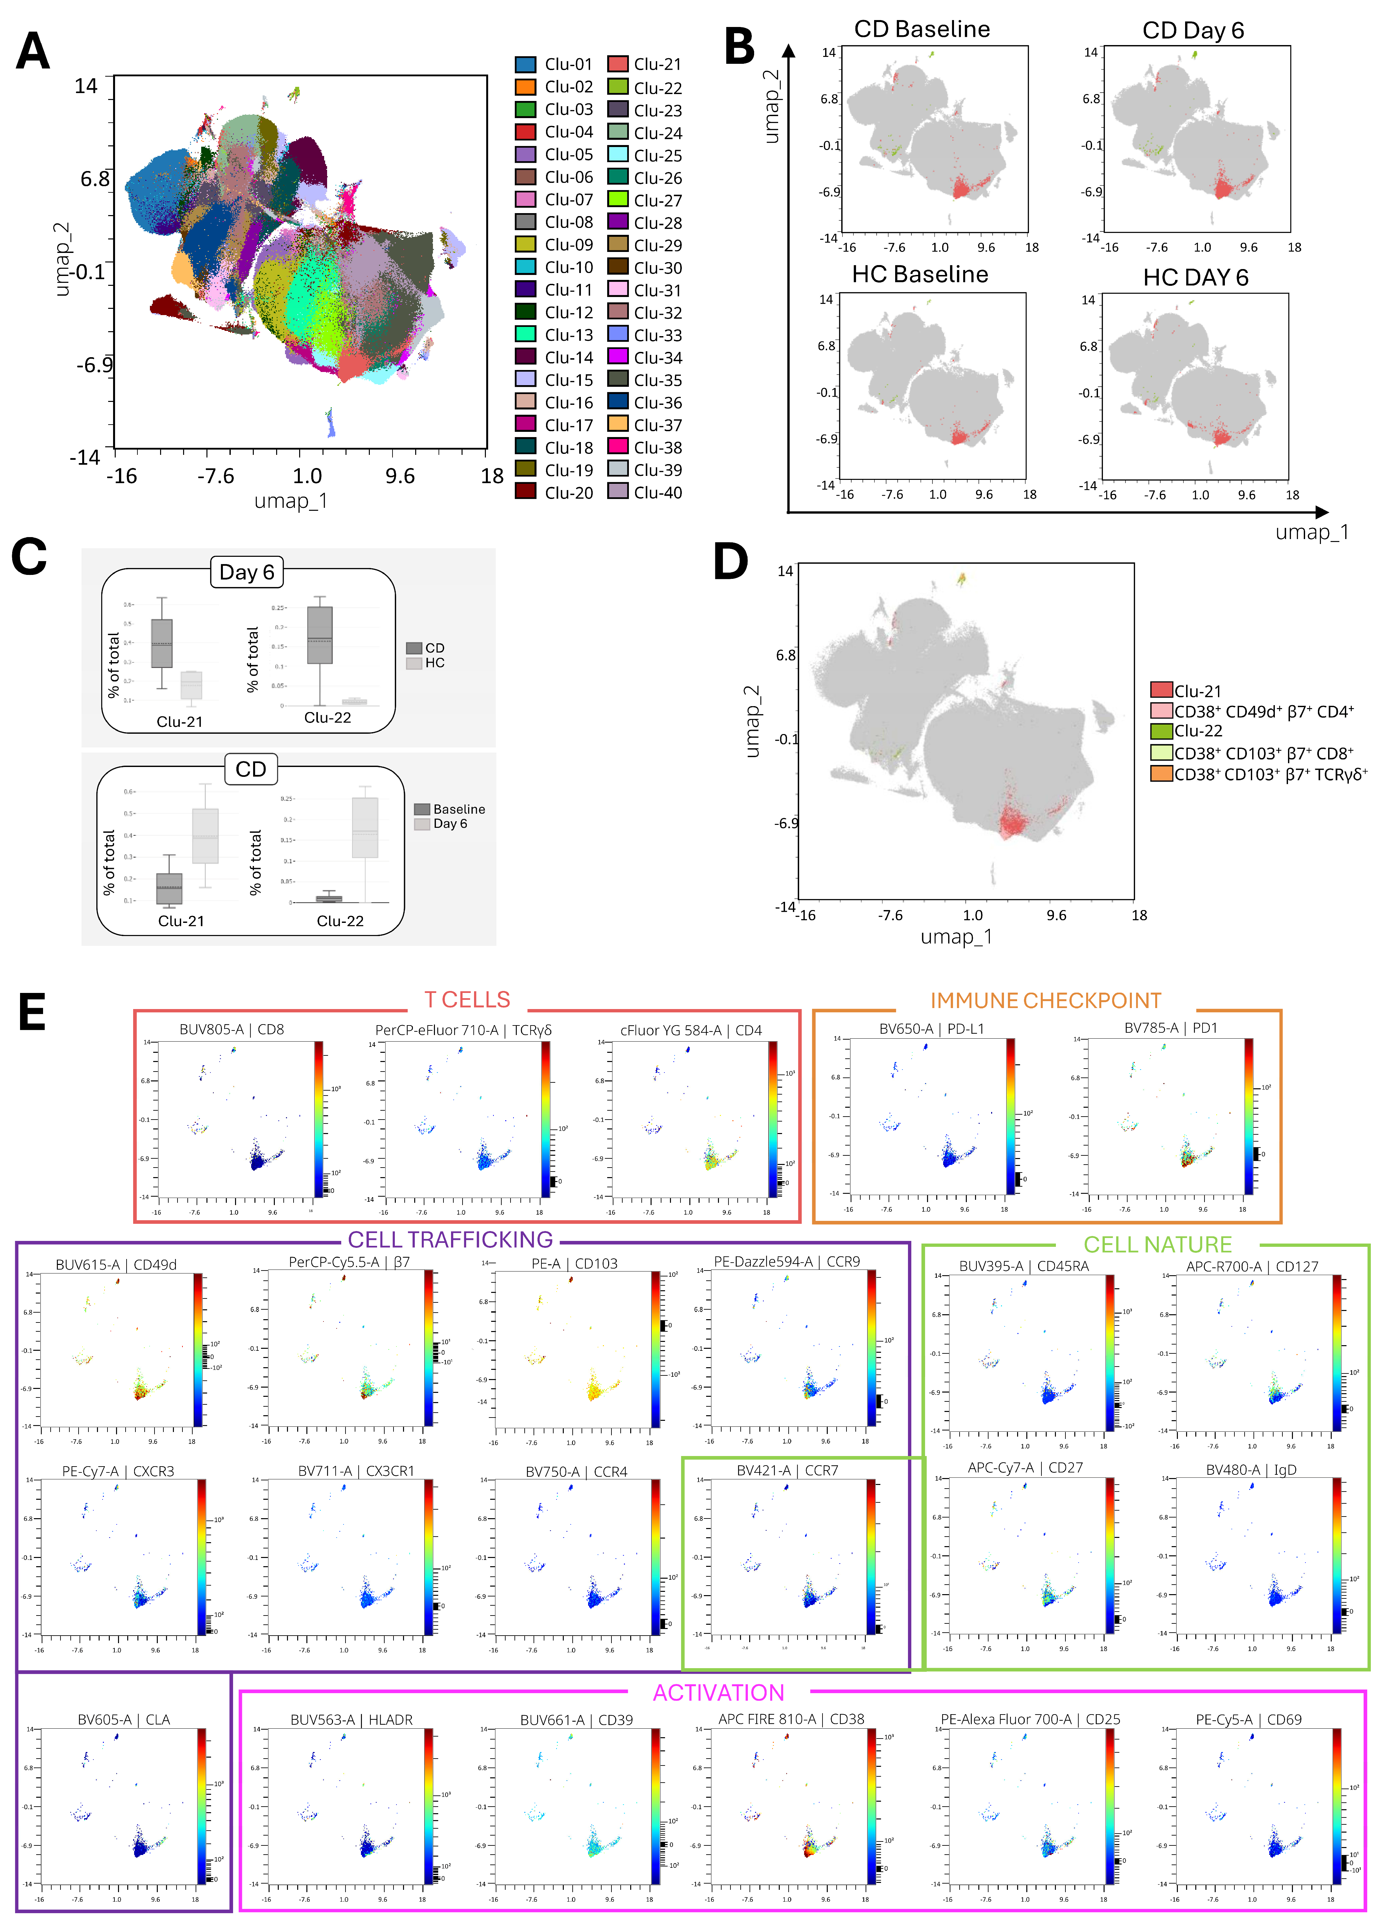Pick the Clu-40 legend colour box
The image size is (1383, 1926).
(x=617, y=492)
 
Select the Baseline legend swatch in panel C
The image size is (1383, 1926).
(x=422, y=809)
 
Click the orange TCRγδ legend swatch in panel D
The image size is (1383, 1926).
(x=1160, y=774)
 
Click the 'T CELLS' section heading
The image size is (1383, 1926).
(x=467, y=1000)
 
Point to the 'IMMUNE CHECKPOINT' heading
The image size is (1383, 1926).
(x=1045, y=1000)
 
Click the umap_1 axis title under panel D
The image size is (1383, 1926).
(x=956, y=937)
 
